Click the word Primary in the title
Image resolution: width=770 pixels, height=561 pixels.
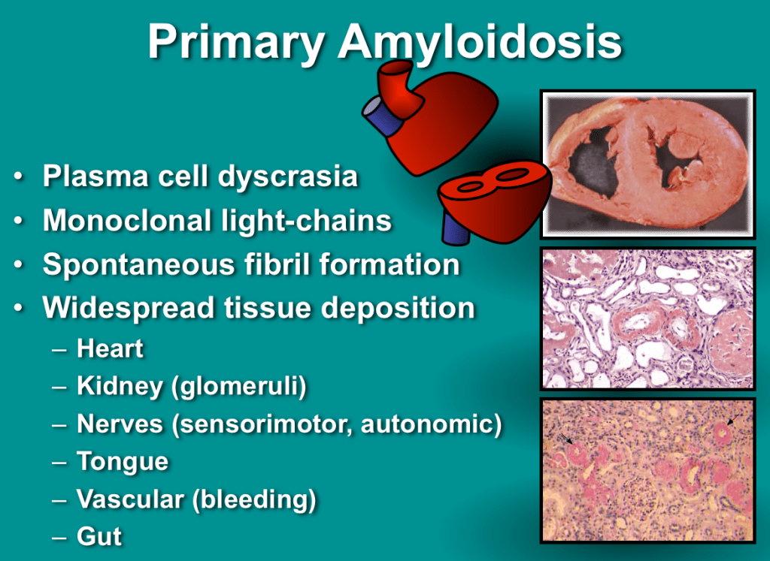pos(235,43)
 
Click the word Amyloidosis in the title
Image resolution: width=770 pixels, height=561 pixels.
pos(480,43)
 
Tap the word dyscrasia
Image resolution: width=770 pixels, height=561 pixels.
pos(288,177)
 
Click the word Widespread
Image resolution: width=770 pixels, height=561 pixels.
pos(129,309)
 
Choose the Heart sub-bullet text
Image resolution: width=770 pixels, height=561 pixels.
pos(110,348)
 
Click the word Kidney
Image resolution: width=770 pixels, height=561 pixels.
pos(120,387)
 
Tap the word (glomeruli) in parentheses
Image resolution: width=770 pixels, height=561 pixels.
pos(238,387)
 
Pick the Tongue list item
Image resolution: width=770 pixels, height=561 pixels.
pos(123,462)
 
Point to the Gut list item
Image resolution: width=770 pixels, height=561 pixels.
pos(99,536)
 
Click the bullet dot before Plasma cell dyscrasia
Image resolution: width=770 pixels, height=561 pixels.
pos(19,176)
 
